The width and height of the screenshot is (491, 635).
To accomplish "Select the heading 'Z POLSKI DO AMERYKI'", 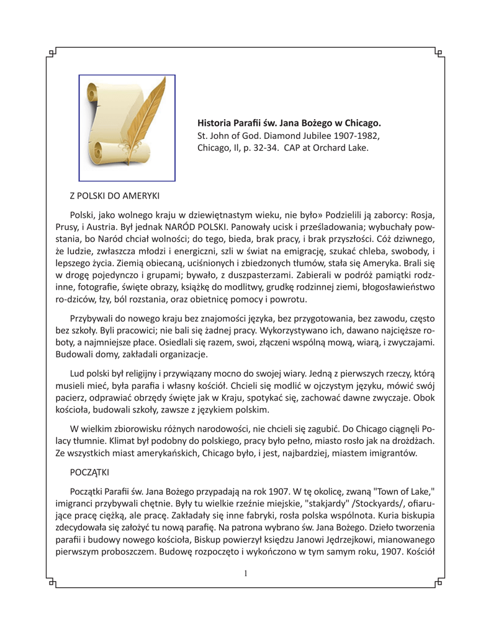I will coord(116,195).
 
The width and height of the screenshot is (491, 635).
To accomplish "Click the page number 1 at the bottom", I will coord(246,574).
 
